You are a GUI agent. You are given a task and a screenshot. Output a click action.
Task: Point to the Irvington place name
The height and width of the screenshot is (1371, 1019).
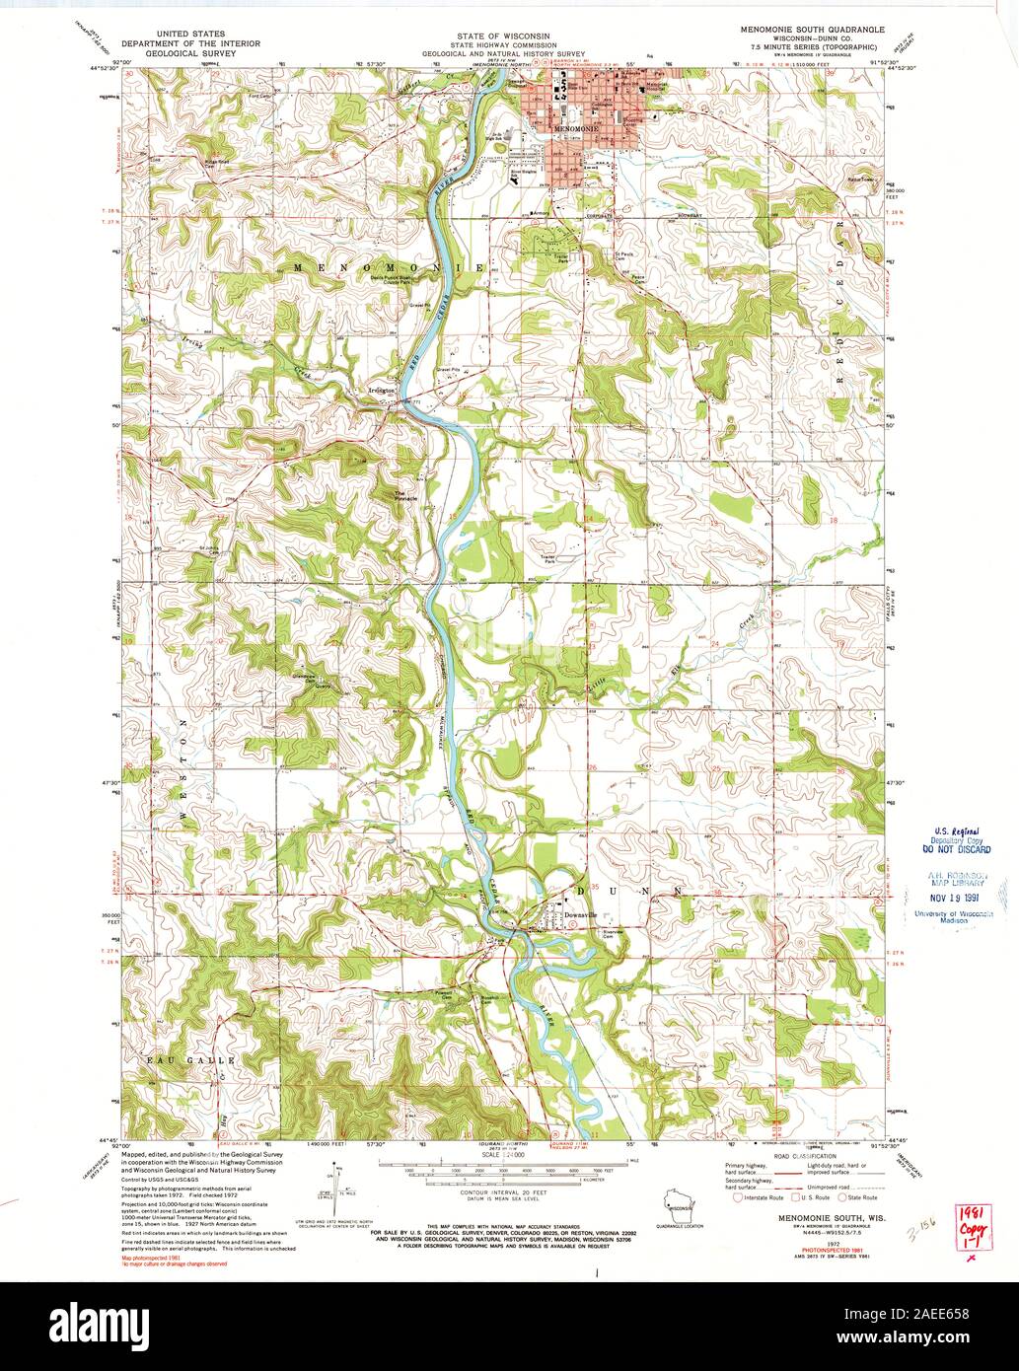coord(381,391)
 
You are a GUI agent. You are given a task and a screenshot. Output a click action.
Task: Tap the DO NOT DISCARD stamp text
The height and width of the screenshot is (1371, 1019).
coord(956,848)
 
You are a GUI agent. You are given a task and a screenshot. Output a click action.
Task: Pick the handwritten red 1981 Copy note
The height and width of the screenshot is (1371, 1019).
coord(970,1228)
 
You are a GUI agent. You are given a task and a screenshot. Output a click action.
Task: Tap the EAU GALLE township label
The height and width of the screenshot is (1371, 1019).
coord(181,1059)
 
